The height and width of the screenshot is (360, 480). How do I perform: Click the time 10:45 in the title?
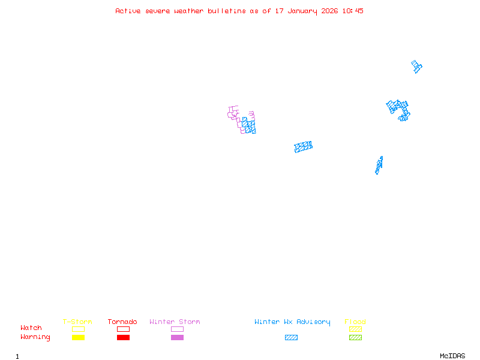coord(353,11)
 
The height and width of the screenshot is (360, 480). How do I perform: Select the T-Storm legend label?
coord(77,322)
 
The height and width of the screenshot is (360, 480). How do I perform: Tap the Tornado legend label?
coord(122,322)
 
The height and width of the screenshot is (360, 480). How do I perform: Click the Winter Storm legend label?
coord(175,322)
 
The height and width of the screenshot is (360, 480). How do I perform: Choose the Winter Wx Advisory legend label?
coord(292,322)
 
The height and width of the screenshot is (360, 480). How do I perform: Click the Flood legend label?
coord(355,322)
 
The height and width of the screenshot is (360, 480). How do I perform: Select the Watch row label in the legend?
coord(31,328)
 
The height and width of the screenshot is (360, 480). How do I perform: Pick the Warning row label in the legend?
coord(35,337)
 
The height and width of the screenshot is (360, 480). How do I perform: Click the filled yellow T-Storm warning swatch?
coord(78,338)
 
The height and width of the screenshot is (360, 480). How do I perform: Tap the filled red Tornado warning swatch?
coord(123,338)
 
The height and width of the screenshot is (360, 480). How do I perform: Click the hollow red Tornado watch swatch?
coord(123,329)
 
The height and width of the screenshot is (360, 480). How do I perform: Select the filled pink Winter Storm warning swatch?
coord(177,338)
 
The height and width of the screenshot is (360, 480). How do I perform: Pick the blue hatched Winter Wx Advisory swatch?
coord(291,338)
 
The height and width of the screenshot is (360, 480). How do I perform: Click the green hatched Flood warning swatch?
coord(355,338)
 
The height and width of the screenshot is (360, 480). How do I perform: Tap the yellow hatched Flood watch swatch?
coord(355,329)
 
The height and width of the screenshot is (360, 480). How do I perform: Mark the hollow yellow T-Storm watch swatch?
coord(78,329)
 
